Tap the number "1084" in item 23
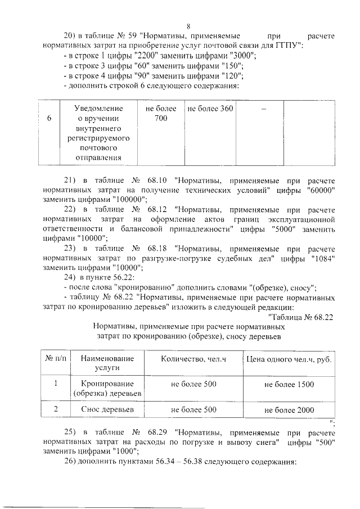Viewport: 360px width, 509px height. (324, 258)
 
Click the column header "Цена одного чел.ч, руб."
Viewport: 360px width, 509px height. (289, 359)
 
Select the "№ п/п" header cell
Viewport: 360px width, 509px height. (55, 359)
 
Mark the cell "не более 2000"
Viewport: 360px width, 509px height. (289, 409)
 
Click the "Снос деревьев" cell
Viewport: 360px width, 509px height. (107, 409)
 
